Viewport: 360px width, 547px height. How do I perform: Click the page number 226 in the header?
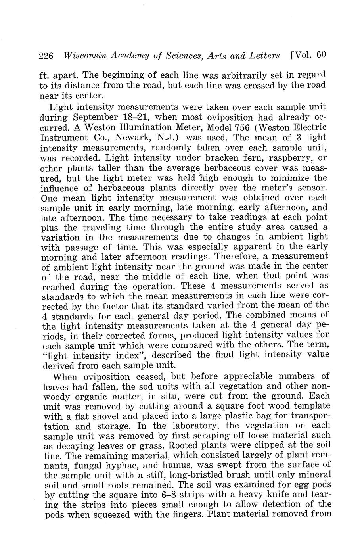tap(47, 56)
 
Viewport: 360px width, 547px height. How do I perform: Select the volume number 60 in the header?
tap(321, 55)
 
